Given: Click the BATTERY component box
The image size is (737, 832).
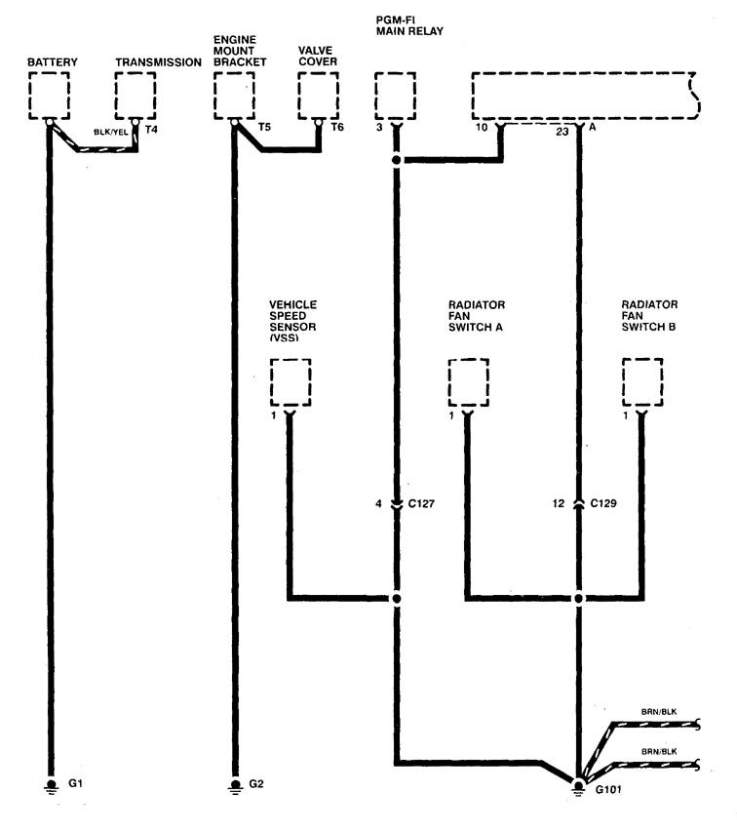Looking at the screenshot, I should pyautogui.click(x=48, y=96).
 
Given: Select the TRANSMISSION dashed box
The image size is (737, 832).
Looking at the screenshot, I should pyautogui.click(x=135, y=96).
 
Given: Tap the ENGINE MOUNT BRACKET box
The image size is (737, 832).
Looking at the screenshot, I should pyautogui.click(x=233, y=96).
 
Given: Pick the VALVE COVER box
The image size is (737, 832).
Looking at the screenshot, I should pyautogui.click(x=319, y=96).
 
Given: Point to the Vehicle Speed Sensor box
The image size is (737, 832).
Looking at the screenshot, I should pyautogui.click(x=290, y=382).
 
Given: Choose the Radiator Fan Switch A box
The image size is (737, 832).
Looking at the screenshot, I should pyautogui.click(x=467, y=382).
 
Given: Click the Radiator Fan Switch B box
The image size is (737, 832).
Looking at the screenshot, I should pyautogui.click(x=642, y=382).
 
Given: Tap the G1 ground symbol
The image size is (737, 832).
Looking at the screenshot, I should pyautogui.click(x=48, y=782).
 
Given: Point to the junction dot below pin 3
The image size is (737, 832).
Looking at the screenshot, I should pyautogui.click(x=397, y=160).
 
